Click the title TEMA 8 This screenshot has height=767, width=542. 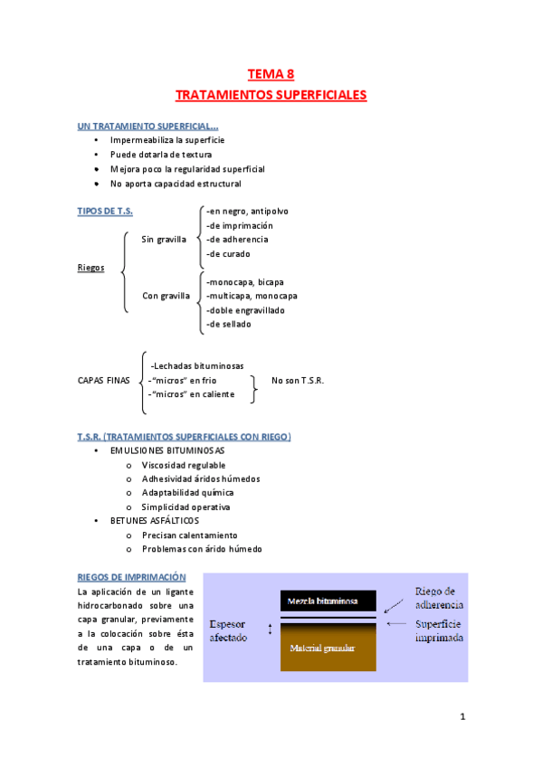[x=271, y=75]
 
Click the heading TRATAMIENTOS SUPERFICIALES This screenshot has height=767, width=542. [x=271, y=94]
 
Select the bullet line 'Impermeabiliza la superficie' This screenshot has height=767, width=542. [x=166, y=140]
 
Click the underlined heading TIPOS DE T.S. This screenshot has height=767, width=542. [x=105, y=211]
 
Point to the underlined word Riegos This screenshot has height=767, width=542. [x=91, y=268]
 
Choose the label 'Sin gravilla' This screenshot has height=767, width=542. [x=164, y=240]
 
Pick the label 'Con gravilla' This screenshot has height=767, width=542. [x=166, y=296]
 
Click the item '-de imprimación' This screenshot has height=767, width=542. [x=239, y=225]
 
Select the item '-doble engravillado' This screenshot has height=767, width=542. [x=244, y=309]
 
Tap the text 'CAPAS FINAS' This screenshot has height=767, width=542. [x=105, y=380]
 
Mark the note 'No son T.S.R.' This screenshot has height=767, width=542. [x=298, y=380]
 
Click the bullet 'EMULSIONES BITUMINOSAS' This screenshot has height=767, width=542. [x=167, y=450]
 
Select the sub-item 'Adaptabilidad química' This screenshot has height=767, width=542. [x=187, y=492]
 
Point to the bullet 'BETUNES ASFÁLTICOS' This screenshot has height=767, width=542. [x=154, y=521]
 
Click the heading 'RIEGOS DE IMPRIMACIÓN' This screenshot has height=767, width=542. [x=132, y=577]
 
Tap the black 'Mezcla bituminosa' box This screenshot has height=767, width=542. [x=322, y=601]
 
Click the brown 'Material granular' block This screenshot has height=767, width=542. [x=322, y=648]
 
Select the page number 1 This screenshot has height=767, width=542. [x=461, y=719]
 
